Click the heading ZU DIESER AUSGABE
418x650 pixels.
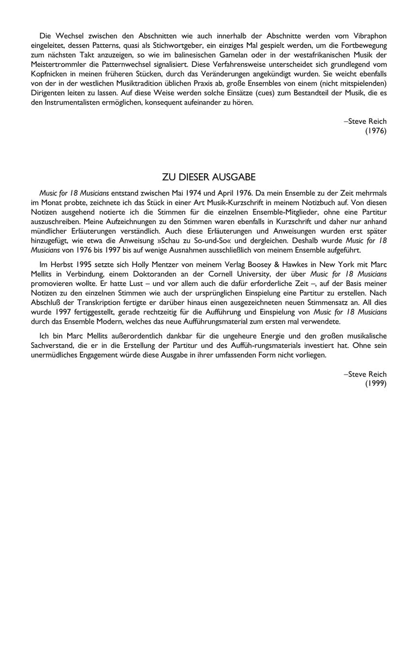point(209,177)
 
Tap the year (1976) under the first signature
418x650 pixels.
point(376,131)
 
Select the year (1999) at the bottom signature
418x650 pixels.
point(376,384)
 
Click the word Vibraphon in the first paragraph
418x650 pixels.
point(370,36)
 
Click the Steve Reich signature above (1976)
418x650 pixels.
point(365,121)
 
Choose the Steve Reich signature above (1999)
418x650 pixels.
point(365,374)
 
